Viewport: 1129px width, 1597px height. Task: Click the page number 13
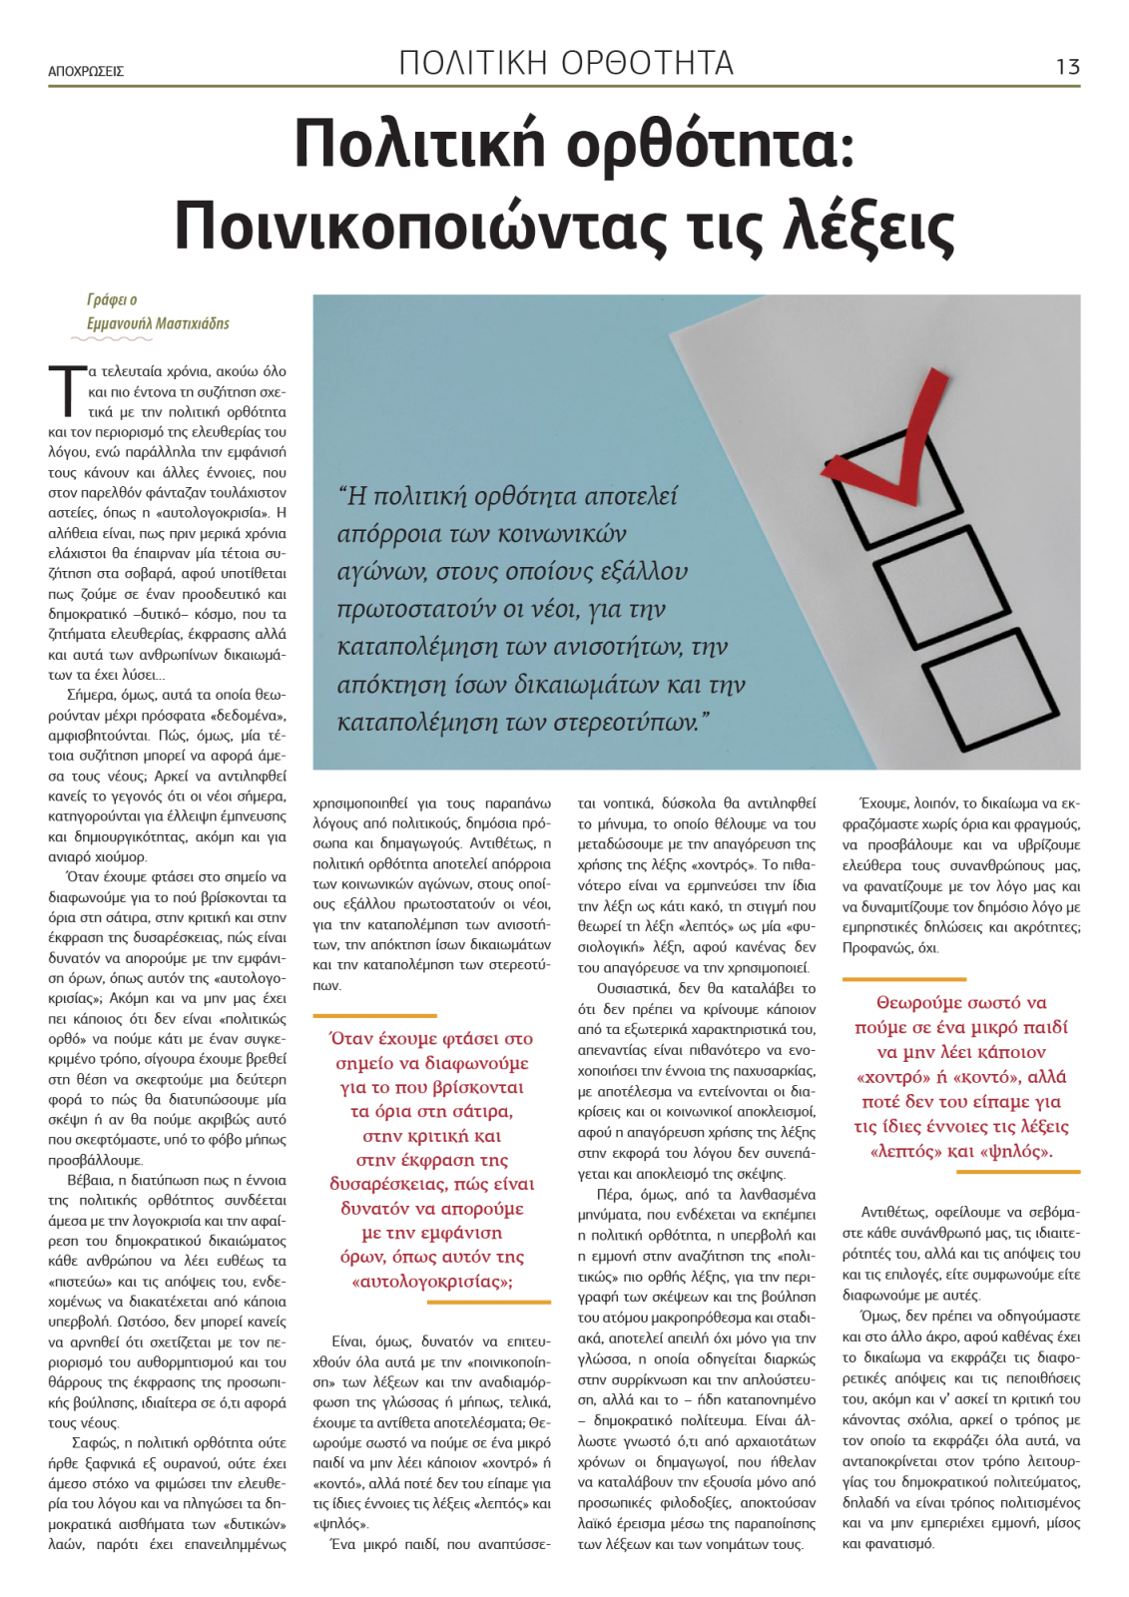pyautogui.click(x=1067, y=67)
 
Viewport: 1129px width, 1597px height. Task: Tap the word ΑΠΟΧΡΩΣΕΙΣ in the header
pyautogui.click(x=86, y=72)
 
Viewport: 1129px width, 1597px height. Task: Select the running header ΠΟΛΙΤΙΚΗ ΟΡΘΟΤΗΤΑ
pyautogui.click(x=566, y=63)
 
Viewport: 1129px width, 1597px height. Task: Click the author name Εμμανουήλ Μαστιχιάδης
pyautogui.click(x=158, y=323)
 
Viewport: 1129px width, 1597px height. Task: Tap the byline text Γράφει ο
pyautogui.click(x=112, y=299)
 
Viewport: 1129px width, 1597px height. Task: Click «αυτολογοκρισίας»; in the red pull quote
pyautogui.click(x=432, y=1282)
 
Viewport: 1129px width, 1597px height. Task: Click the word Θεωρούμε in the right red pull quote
pyautogui.click(x=919, y=1003)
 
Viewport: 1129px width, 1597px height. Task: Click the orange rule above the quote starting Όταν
pyautogui.click(x=375, y=1015)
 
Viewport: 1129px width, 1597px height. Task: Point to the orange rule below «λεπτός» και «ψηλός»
pyautogui.click(x=961, y=1172)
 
